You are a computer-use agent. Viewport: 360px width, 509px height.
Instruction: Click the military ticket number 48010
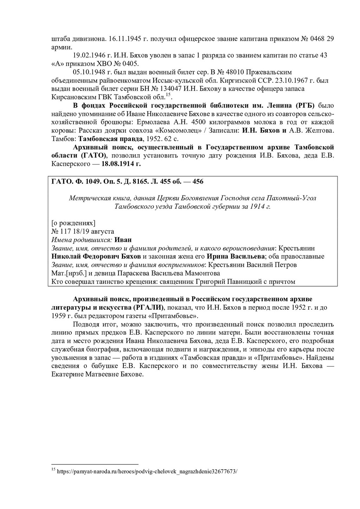click(232, 72)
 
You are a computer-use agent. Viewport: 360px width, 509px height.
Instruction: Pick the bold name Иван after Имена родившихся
click(123, 240)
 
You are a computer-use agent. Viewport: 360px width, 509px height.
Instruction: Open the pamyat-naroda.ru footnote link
click(147, 471)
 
